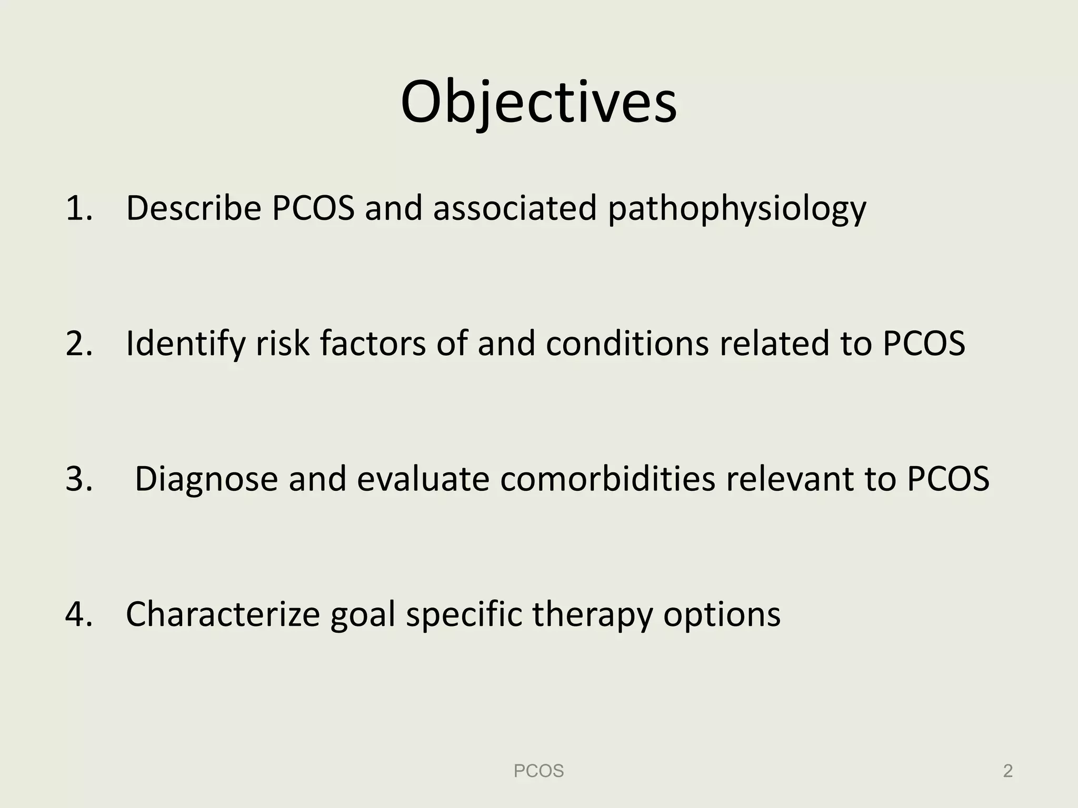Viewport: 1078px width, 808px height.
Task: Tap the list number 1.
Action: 78,208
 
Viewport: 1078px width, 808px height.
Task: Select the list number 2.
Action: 78,344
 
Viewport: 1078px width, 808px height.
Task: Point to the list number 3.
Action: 78,479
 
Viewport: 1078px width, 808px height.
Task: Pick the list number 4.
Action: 78,614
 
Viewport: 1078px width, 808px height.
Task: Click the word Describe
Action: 193,208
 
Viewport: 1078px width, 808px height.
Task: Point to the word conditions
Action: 627,344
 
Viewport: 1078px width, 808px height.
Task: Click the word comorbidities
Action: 607,479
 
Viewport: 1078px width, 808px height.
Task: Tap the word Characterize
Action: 223,614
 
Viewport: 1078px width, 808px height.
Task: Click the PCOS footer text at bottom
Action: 538,771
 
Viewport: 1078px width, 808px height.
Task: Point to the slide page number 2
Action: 1007,771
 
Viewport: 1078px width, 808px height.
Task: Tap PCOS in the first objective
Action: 313,208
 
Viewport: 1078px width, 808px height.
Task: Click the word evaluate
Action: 423,479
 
